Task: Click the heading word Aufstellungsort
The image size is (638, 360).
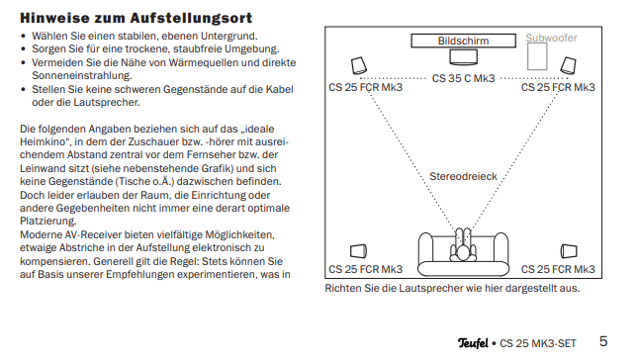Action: [191, 19]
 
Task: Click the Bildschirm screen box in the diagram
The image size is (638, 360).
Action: [463, 41]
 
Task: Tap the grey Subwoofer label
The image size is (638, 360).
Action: [551, 38]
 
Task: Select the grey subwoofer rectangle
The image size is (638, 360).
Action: [537, 56]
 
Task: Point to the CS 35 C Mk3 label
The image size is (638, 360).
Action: [463, 78]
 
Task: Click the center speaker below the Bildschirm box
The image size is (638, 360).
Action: [463, 57]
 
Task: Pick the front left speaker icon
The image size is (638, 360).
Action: [359, 65]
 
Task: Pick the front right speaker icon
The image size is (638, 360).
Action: [568, 65]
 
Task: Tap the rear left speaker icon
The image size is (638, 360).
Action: [358, 251]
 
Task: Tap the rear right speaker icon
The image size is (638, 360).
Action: [569, 251]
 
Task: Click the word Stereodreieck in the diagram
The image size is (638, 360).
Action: [463, 176]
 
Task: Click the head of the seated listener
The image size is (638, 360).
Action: [464, 253]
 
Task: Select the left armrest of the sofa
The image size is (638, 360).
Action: [425, 247]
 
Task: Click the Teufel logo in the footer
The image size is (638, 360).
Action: [473, 343]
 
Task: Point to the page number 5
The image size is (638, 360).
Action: [603, 341]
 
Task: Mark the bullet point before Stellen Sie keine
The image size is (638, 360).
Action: [23, 89]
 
